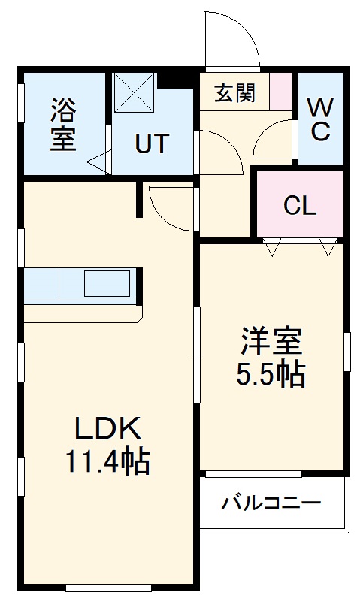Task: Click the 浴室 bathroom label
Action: [x=64, y=124]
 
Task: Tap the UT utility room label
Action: [x=152, y=143]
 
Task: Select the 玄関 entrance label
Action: [x=234, y=93]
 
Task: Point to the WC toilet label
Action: [x=320, y=119]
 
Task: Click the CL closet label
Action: [x=300, y=205]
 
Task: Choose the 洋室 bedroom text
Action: [x=271, y=340]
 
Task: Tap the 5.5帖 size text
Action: [x=271, y=373]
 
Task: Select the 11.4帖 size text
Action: [x=107, y=461]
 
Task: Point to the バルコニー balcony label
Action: [x=271, y=503]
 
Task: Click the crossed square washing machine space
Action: [x=135, y=92]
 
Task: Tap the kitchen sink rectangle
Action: [x=107, y=283]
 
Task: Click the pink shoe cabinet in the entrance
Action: [x=280, y=92]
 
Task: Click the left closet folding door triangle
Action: [x=272, y=247]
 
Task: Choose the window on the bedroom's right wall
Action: [x=347, y=352]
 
